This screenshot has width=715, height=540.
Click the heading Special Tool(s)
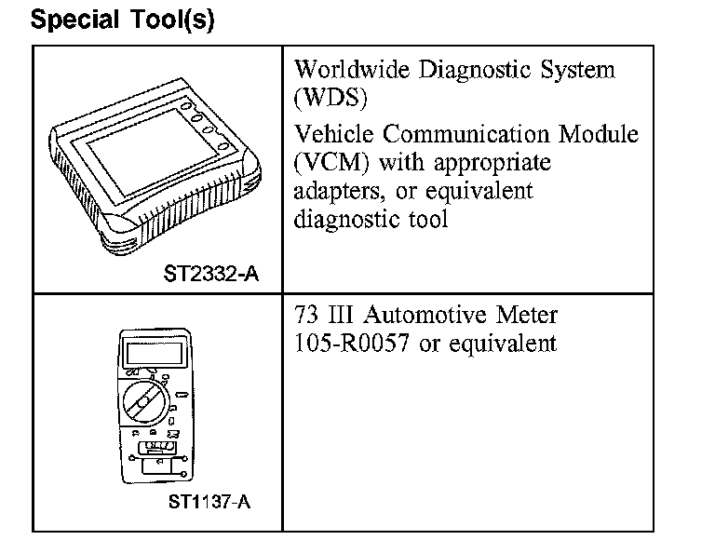123,20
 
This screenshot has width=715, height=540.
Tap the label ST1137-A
209,503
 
